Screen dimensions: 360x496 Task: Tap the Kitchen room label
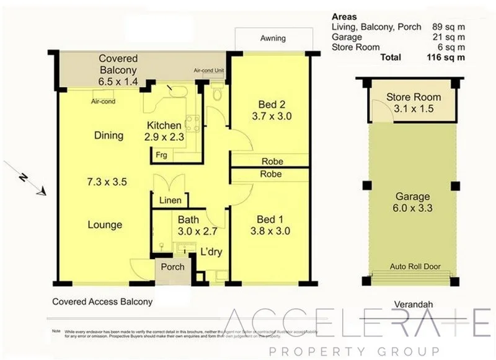click(x=164, y=126)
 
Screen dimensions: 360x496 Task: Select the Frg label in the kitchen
click(x=161, y=154)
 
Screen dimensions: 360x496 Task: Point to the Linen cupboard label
click(x=170, y=200)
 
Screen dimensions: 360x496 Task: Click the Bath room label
click(x=188, y=219)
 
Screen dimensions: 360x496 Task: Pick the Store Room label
click(x=414, y=97)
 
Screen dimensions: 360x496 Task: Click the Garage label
click(x=413, y=197)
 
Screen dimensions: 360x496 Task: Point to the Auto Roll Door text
click(x=415, y=266)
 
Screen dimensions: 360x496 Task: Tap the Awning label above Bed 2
click(x=272, y=38)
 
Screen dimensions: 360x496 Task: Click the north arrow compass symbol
click(x=25, y=180)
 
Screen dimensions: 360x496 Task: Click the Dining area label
click(x=109, y=136)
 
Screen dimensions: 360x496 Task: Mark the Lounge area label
click(x=105, y=225)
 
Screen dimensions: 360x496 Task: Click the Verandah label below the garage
click(x=413, y=304)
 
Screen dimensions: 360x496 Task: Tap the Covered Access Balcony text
click(x=102, y=302)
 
